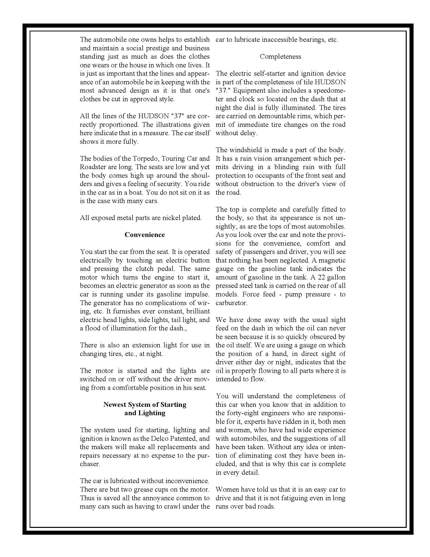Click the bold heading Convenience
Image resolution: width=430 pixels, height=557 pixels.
click(144, 235)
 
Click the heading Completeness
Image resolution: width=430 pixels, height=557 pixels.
click(280, 56)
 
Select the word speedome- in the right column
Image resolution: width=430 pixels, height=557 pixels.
click(329, 91)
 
